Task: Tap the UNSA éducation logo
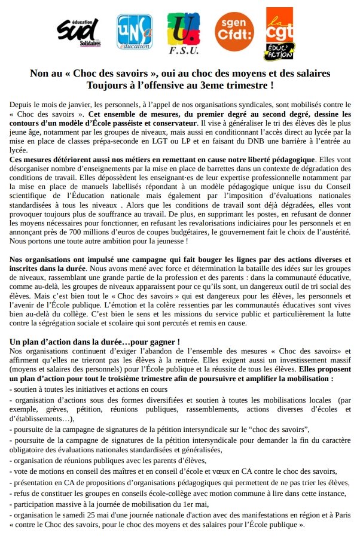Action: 133,34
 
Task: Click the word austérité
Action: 331,231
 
